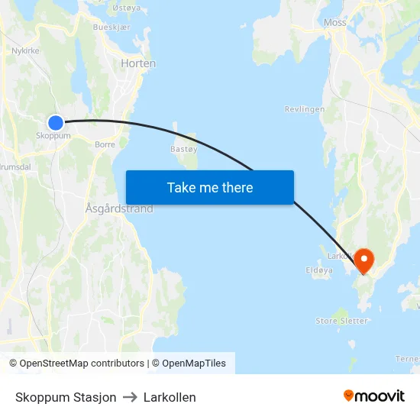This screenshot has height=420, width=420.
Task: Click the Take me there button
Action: (x=209, y=187)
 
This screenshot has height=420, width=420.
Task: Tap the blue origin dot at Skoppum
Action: (x=56, y=122)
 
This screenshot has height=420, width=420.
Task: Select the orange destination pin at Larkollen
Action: (x=363, y=260)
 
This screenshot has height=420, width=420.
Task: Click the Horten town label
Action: (x=138, y=63)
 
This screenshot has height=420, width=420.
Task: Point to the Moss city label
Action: (x=334, y=22)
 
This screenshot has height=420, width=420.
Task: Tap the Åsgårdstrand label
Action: (x=119, y=208)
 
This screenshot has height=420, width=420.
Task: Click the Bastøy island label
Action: (x=183, y=149)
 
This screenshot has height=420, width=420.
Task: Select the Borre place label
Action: (x=105, y=144)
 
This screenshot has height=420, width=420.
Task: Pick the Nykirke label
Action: (x=25, y=51)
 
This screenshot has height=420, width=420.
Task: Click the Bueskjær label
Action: (x=108, y=26)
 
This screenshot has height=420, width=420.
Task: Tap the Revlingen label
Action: (x=305, y=109)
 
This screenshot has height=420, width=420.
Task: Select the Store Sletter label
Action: (x=341, y=321)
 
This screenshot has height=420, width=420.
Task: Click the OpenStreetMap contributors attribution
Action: (x=76, y=363)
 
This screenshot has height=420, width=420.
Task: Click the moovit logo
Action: (x=373, y=396)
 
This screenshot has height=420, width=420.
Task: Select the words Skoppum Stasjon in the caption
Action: (x=66, y=397)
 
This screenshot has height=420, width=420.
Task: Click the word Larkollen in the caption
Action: (x=170, y=397)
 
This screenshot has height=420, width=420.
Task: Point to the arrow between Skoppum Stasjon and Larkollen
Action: (x=130, y=397)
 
